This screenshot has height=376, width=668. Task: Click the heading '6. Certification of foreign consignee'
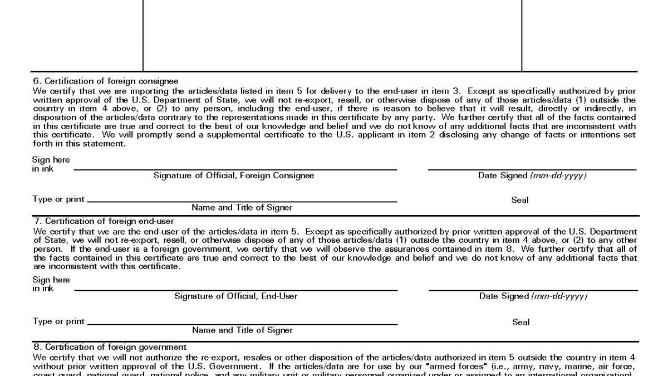[x=105, y=81]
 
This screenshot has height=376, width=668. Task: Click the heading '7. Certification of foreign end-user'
[x=103, y=221]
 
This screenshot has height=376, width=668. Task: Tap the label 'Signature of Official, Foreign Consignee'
[x=234, y=175]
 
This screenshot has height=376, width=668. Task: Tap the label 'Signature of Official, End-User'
[x=236, y=296]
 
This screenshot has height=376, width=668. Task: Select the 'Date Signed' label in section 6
[x=532, y=175]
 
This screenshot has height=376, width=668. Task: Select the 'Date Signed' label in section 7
[x=533, y=296]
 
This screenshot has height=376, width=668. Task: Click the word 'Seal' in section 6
[x=520, y=200]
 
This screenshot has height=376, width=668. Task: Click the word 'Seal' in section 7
[x=521, y=322]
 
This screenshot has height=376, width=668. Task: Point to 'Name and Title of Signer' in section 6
[x=242, y=208]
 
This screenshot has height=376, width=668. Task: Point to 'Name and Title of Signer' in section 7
[x=242, y=330]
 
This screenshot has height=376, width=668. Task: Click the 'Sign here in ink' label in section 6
[x=51, y=164]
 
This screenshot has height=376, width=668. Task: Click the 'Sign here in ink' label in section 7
[x=51, y=284]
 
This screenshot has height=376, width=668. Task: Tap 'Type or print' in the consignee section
[x=58, y=199]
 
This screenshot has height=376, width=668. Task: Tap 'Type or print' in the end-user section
[x=58, y=321]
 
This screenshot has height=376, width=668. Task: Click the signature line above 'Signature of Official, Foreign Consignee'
[x=235, y=169]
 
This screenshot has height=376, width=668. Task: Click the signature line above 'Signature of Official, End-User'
[x=236, y=290]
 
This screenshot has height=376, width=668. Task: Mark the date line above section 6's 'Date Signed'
[x=532, y=169]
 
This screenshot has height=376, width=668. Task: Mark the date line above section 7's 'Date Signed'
[x=533, y=290]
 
